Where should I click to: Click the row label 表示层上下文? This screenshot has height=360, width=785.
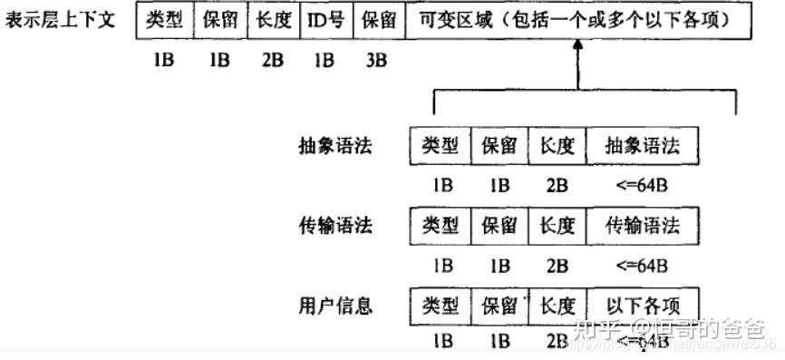[x=60, y=20]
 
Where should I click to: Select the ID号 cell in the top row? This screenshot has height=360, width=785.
[x=325, y=20]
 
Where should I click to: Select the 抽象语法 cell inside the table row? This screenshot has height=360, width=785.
[x=643, y=146]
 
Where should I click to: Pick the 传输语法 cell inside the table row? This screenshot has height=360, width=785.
[x=643, y=225]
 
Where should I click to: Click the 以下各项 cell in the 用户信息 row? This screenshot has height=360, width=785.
[x=643, y=305]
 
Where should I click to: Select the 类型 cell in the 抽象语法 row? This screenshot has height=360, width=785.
[x=441, y=146]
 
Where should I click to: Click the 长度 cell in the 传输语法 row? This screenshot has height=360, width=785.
[x=557, y=225]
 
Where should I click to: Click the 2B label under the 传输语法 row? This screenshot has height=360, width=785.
[x=557, y=266]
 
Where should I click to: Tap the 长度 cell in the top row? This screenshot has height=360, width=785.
[x=274, y=20]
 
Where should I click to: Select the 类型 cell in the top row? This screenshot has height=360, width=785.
[x=164, y=20]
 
